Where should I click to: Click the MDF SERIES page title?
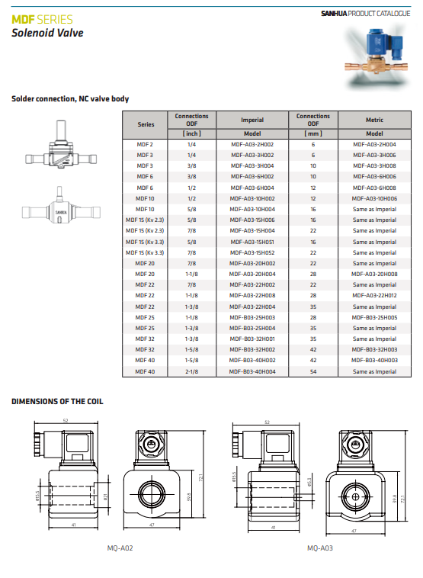point(42,19)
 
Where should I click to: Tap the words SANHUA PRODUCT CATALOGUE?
point(366,14)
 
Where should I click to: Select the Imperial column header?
point(252,120)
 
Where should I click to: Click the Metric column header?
point(374,120)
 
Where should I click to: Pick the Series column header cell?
point(146,124)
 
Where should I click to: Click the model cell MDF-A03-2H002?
point(252,145)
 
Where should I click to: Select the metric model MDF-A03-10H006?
point(374,198)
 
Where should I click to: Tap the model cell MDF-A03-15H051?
point(252,242)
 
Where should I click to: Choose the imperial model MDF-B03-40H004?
point(252,371)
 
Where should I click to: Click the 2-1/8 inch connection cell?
point(191,371)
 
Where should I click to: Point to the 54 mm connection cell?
point(313,371)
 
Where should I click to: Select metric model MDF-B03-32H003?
point(374,349)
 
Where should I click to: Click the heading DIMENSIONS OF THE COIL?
point(57,401)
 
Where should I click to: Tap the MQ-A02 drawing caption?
point(120,548)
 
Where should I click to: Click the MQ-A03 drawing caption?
point(320,548)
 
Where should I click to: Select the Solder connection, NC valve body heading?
point(70,99)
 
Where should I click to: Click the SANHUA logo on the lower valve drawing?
point(61,212)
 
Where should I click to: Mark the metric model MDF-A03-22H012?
point(374,295)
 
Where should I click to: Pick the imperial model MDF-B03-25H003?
point(252,317)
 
